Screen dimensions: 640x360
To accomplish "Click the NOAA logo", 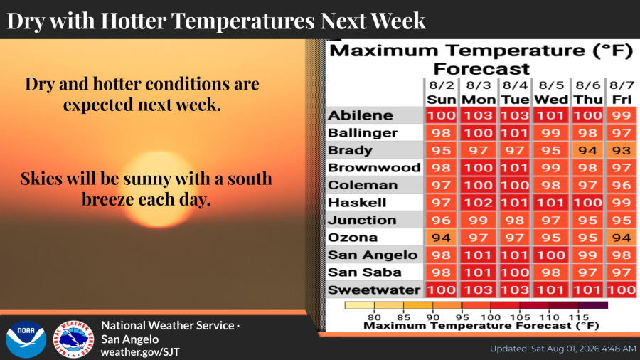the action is click(x=26, y=339).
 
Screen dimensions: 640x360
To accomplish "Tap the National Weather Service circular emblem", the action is click(x=73, y=339).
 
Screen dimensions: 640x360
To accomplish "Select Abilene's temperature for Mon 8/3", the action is click(x=479, y=115).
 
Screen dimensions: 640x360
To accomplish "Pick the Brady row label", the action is click(x=350, y=150).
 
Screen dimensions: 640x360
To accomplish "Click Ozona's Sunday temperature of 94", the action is click(x=441, y=238).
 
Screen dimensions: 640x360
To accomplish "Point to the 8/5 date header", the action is click(x=551, y=85).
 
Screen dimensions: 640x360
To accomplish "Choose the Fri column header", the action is click(x=622, y=100).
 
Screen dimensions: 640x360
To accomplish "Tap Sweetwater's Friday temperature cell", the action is click(x=622, y=290).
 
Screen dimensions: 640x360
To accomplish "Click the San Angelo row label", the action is click(x=373, y=255).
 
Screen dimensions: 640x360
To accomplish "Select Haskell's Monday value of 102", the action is click(x=479, y=203).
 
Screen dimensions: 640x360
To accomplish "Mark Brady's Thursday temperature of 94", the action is click(x=588, y=151).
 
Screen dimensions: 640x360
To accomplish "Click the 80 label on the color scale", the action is click(x=374, y=317).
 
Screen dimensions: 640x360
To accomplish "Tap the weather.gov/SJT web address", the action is click(x=140, y=352).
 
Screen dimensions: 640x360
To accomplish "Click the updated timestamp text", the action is click(x=563, y=349).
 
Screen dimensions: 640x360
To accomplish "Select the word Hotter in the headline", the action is click(x=134, y=21).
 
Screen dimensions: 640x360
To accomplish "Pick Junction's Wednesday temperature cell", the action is click(x=551, y=221).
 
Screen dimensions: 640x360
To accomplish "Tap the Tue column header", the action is click(x=515, y=100).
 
